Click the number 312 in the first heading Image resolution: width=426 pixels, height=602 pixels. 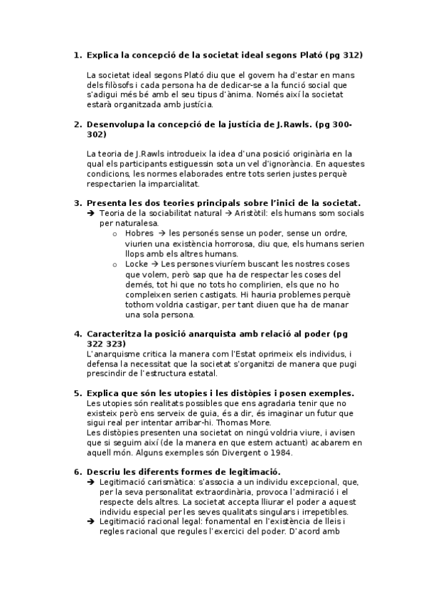[x=357, y=55]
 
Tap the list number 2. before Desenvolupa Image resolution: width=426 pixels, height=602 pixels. [x=78, y=124]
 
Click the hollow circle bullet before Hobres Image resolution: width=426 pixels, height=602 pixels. [x=116, y=234]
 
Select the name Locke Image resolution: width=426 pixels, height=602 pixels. [x=135, y=264]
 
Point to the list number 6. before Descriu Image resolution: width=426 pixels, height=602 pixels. [x=78, y=472]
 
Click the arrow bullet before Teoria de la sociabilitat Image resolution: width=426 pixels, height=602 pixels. [x=90, y=213]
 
